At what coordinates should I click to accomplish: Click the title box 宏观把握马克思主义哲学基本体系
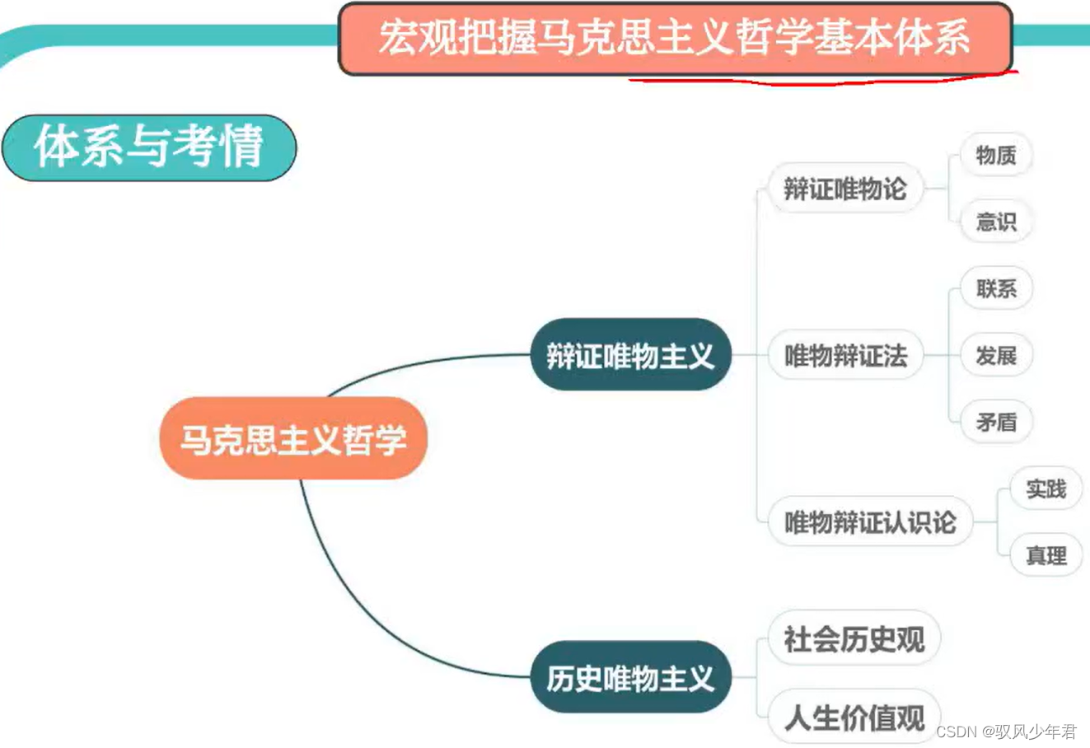675,38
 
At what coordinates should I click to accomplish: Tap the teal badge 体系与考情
148,147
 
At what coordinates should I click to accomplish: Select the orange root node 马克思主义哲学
293,438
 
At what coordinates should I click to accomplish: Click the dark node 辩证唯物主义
630,355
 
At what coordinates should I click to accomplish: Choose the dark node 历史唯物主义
630,678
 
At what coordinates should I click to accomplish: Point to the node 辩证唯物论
844,189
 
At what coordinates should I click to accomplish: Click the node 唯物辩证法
844,355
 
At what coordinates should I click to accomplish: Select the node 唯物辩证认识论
869,521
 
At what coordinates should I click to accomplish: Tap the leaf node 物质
995,155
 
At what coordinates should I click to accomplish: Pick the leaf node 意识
995,222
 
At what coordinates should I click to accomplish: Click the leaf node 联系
995,288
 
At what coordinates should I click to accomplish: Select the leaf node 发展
995,355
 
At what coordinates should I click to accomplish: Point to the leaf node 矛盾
995,422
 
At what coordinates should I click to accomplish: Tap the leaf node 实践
1046,489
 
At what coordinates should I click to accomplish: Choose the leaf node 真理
1046,555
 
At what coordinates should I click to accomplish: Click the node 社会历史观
854,638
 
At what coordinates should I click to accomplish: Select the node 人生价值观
854,717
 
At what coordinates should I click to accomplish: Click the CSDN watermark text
1006,732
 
